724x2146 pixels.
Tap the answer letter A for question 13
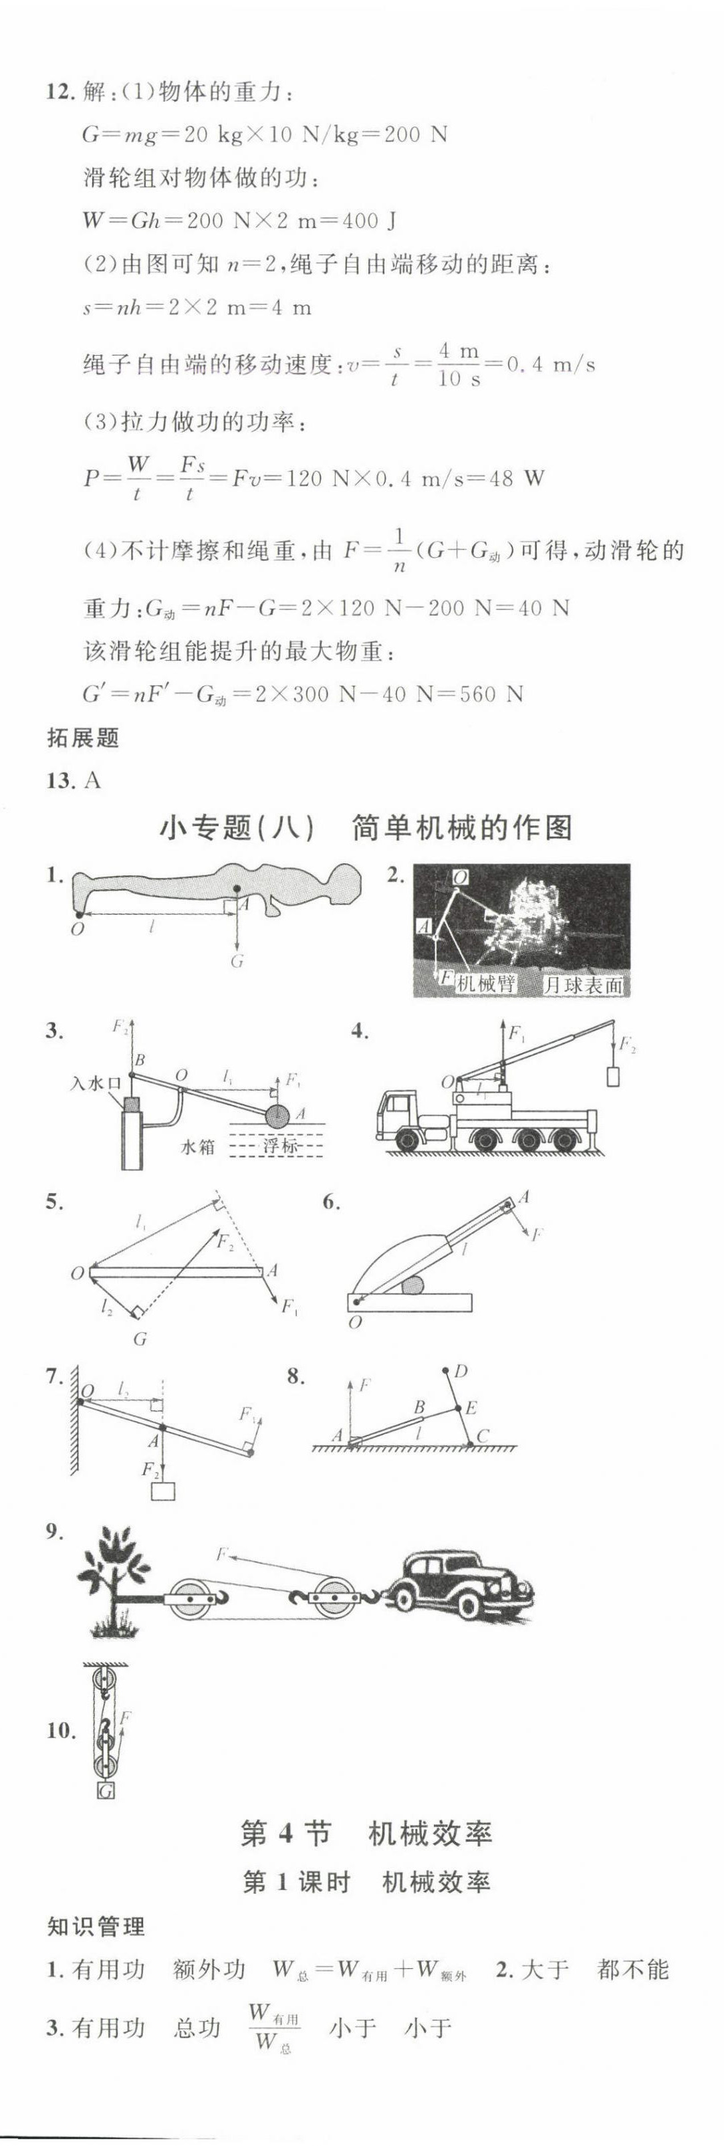[92, 780]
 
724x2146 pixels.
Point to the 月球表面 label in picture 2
[582, 984]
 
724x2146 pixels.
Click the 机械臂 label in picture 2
[486, 983]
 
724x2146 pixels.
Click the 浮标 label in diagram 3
[281, 1146]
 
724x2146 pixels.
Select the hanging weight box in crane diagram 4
[614, 1076]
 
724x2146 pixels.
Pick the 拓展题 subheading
[84, 737]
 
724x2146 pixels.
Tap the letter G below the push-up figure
[237, 962]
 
